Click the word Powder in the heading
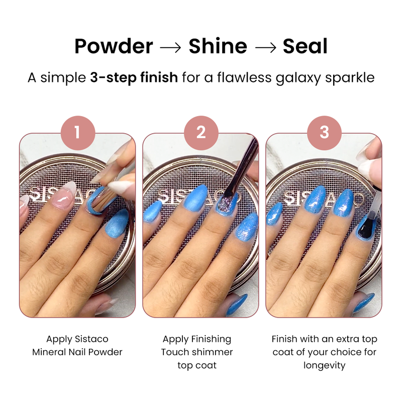point(114,46)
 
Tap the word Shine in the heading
point(218,46)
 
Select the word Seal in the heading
point(305,46)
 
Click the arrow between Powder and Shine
point(170,47)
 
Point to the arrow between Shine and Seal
point(266,47)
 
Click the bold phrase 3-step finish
point(134,77)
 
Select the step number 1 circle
point(78,133)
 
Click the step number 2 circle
point(201,133)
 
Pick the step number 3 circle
point(324,133)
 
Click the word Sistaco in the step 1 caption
point(91,339)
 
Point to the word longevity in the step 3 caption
point(324,365)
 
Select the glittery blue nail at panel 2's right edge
point(247,227)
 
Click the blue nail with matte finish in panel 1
point(117,223)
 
